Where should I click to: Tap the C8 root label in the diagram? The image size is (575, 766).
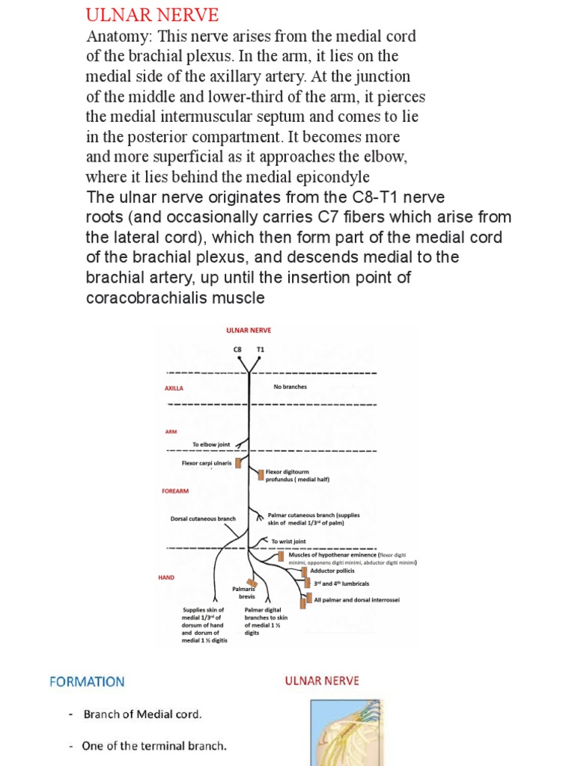[x=238, y=349]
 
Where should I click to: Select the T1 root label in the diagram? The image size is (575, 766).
[x=261, y=349]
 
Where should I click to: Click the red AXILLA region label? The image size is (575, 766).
[x=174, y=388]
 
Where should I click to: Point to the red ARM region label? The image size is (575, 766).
[x=171, y=432]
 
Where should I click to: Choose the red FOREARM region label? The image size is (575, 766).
[x=175, y=491]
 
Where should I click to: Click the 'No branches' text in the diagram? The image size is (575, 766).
[x=290, y=387]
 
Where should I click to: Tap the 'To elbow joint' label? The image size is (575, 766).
[x=211, y=444]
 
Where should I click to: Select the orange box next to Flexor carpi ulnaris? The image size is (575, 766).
[x=239, y=463]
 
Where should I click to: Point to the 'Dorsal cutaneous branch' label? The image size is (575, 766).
[x=203, y=518]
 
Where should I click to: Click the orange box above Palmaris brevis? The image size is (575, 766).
[x=252, y=583]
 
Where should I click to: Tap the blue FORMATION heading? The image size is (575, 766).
[x=87, y=681]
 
